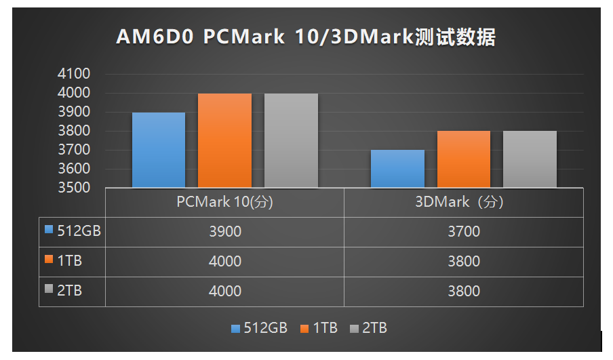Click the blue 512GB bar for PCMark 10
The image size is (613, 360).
[x=159, y=150]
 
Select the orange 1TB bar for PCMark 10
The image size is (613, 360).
[x=224, y=140]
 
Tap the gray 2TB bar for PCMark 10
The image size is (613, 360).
[x=291, y=140]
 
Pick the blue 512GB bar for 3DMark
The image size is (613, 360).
[x=397, y=169]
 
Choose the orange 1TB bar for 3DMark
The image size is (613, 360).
[x=464, y=159]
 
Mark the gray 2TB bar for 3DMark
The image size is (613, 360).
[x=530, y=159]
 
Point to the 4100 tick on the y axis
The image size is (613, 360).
[x=75, y=74]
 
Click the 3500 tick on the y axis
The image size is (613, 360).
[x=75, y=188]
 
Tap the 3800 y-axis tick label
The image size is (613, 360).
[x=75, y=131]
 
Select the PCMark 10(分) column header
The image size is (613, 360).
[x=224, y=202]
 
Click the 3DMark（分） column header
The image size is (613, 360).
[x=464, y=202]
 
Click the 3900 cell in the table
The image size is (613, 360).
[x=224, y=232]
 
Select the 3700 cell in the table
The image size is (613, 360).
[x=464, y=232]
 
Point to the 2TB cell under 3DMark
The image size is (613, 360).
[x=464, y=292]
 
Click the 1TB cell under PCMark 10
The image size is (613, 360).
[x=224, y=262]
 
